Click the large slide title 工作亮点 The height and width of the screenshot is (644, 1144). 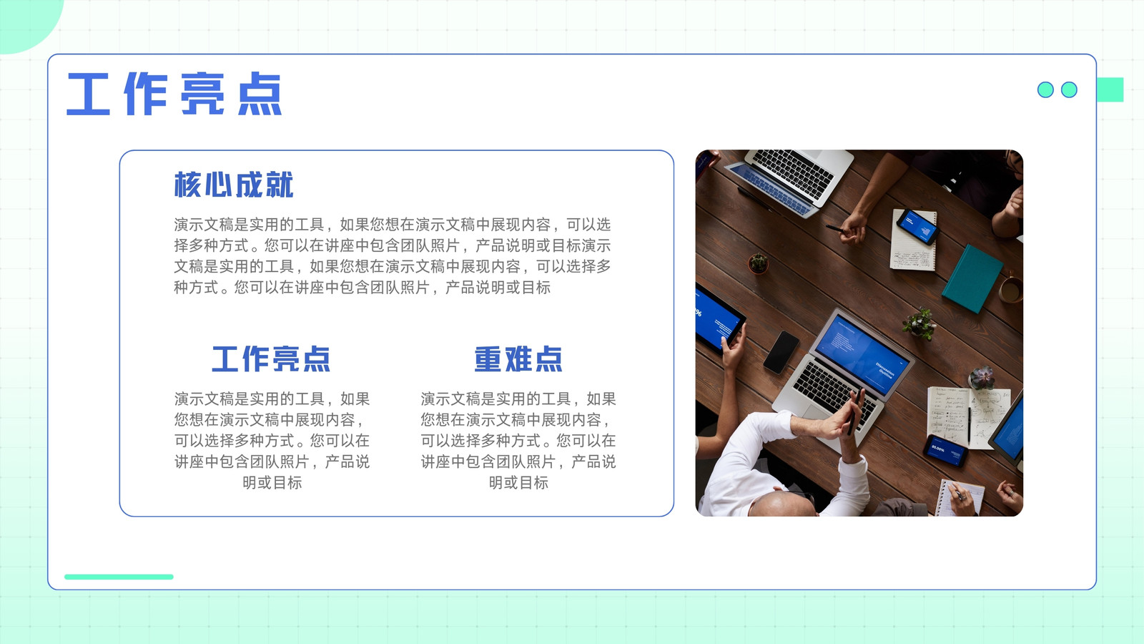click(x=174, y=94)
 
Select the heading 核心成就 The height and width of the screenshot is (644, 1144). click(x=234, y=185)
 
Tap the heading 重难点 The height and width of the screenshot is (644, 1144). click(x=518, y=358)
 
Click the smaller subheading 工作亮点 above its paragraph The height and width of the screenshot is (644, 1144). click(x=271, y=358)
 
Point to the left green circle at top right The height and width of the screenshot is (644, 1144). click(x=1045, y=89)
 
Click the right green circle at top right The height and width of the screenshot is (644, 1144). click(x=1069, y=89)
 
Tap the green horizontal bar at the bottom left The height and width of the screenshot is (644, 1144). click(x=119, y=577)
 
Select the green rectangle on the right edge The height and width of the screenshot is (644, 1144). click(x=1110, y=89)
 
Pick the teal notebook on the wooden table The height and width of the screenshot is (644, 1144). click(x=972, y=278)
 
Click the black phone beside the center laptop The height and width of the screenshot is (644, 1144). click(x=781, y=352)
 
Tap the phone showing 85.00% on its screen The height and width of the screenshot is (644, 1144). click(x=945, y=451)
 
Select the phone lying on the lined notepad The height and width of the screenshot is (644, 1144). click(x=918, y=226)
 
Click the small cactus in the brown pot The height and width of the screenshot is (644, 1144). click(x=759, y=263)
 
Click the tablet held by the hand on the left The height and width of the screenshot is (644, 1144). click(x=719, y=319)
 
